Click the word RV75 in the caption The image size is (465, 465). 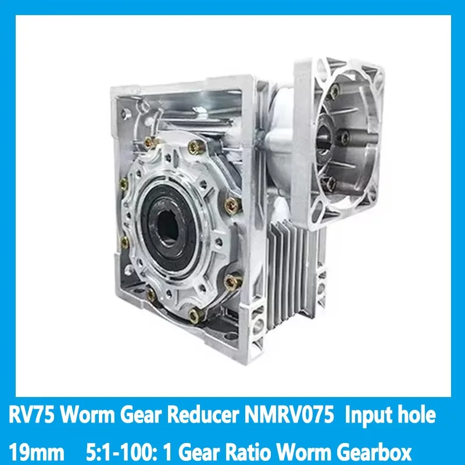coord(32,416)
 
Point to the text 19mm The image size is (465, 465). coord(36,452)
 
